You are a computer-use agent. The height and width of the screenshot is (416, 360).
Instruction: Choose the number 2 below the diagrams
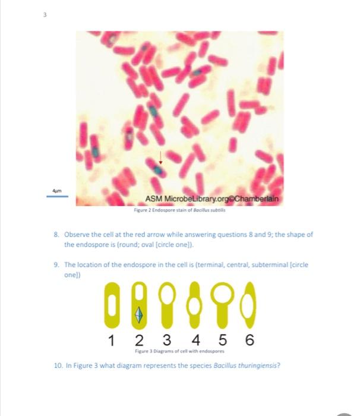(138, 341)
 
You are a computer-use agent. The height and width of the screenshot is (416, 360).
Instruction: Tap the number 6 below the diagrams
(250, 341)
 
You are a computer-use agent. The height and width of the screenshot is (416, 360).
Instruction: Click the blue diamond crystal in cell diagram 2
(140, 314)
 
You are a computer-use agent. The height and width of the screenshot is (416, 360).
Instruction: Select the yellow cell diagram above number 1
(112, 306)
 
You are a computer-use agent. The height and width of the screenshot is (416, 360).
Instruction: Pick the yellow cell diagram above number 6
(250, 305)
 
